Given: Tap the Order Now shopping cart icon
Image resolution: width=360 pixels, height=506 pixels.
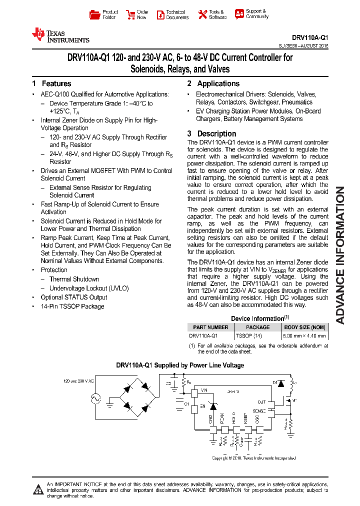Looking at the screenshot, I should pos(130,14).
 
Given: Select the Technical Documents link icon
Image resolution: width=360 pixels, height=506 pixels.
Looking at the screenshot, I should pos(160,14).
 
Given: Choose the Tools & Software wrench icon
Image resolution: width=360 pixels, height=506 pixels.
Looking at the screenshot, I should pos(202,14).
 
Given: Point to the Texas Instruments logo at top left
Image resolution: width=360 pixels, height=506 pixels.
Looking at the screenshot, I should pos(60,35).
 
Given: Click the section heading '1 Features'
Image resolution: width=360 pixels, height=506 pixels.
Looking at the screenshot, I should pos(51,83).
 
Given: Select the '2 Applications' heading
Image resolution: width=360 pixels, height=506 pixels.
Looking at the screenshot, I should pos(213,83).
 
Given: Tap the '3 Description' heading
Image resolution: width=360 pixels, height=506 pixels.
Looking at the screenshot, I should pos(212,133).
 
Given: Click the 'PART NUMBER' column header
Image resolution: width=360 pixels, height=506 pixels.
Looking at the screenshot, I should pos(210,327).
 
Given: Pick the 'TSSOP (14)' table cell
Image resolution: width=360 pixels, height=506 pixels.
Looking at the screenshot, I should pos(248,336).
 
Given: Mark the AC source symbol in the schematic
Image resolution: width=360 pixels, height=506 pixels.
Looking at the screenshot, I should pos(93,398).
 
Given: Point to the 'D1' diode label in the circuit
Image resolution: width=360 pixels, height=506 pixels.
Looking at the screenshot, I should pos(274,382).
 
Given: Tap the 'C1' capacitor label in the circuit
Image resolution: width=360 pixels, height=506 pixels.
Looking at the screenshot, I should pos(186,403).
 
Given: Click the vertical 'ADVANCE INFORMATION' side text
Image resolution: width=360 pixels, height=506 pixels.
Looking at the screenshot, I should pos(340,255).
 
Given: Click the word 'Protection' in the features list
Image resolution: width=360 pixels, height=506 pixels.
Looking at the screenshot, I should pos(54,270).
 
